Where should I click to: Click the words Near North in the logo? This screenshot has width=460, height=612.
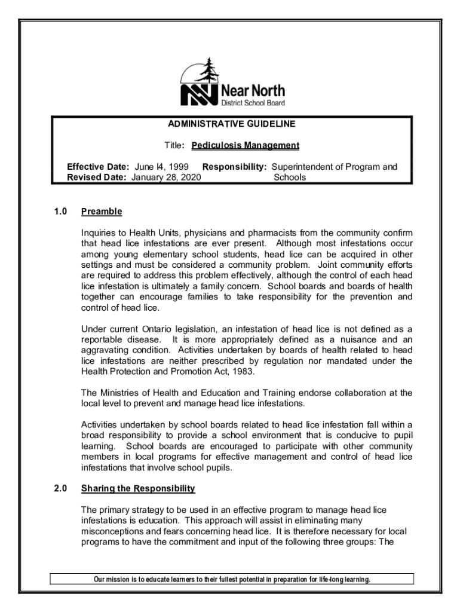tap(253, 91)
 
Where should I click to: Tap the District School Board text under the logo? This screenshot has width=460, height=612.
tap(253, 103)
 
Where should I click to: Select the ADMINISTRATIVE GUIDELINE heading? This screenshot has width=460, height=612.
tap(232, 124)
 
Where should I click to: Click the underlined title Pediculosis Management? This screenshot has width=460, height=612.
tap(246, 146)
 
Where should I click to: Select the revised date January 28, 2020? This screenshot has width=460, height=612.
tap(165, 178)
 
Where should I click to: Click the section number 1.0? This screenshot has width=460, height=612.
tap(59, 212)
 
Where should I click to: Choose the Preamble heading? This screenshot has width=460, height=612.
tap(102, 212)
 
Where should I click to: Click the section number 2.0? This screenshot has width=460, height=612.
tap(59, 489)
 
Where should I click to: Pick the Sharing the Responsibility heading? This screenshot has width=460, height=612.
tap(138, 489)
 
